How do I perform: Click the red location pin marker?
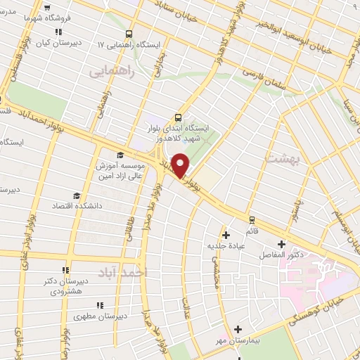tap(181, 165)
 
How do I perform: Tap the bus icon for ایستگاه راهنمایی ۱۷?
tap(128, 33)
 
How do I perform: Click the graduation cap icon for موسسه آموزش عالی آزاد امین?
tap(120, 155)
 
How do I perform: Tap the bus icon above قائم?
tap(252, 219)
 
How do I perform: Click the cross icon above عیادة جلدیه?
tap(226, 235)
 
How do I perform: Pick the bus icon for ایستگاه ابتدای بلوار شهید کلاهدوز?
tap(178, 117)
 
